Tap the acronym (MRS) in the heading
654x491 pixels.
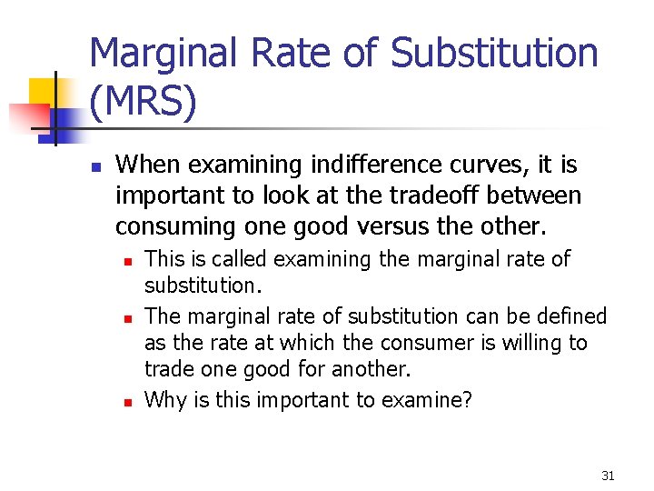[x=143, y=103]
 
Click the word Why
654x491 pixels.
[x=164, y=399]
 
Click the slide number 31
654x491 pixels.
[x=608, y=476]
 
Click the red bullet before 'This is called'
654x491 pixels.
[x=128, y=261]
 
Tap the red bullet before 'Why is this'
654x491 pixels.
[x=128, y=400]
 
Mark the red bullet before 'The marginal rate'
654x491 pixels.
[x=128, y=318]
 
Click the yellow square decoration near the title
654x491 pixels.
[x=42, y=91]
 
